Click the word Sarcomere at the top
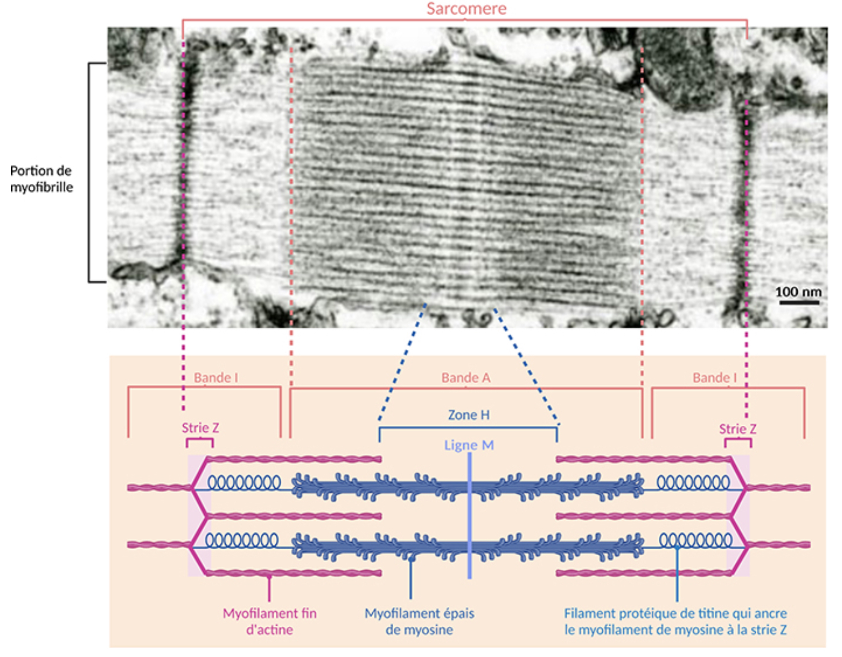pyautogui.click(x=466, y=8)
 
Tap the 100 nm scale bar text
pyautogui.click(x=798, y=292)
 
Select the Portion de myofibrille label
pyautogui.click(x=41, y=179)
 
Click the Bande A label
pyautogui.click(x=466, y=378)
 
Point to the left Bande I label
pyautogui.click(x=216, y=378)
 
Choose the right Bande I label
pyautogui.click(x=715, y=378)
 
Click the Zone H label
pyautogui.click(x=469, y=415)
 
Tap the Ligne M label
pyautogui.click(x=469, y=445)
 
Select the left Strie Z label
pyautogui.click(x=200, y=428)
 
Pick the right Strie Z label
pyautogui.click(x=738, y=429)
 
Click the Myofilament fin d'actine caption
pyautogui.click(x=269, y=621)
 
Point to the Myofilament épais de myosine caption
pyautogui.click(x=420, y=621)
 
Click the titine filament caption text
pyautogui.click(x=675, y=621)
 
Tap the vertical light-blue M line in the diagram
pyautogui.click(x=469, y=515)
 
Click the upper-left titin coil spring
pyautogui.click(x=244, y=482)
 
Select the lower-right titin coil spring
pyautogui.click(x=695, y=540)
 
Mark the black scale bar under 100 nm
pyautogui.click(x=799, y=302)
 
